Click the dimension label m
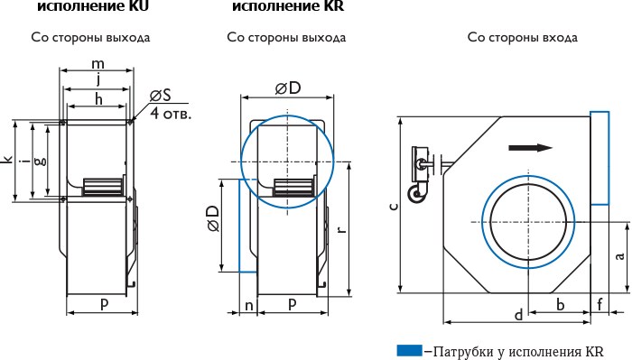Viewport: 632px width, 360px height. click(98, 64)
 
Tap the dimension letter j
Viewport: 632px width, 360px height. click(98, 79)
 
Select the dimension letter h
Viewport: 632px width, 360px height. click(98, 98)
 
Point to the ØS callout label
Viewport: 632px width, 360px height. click(160, 96)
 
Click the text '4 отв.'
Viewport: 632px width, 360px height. click(171, 113)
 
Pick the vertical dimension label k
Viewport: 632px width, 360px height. click(7, 160)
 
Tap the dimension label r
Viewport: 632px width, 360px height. click(341, 229)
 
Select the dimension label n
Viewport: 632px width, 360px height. click(249, 306)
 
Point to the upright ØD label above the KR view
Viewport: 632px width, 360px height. click(288, 88)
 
